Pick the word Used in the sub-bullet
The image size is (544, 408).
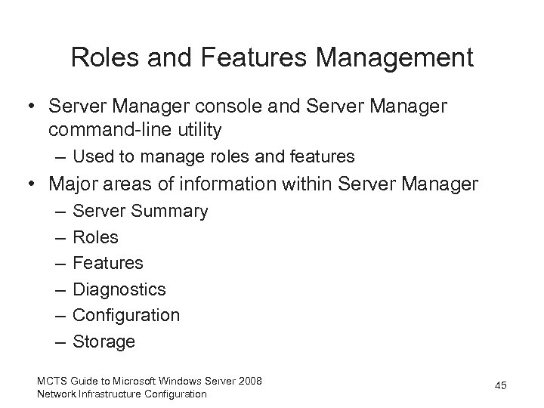[93, 158]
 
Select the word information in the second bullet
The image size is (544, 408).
[222, 184]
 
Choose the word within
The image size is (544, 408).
[309, 184]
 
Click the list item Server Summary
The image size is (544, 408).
[140, 212]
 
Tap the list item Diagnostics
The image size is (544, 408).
[119, 289]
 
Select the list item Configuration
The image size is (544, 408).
[126, 315]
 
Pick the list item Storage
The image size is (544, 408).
[104, 342]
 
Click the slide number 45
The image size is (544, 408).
[499, 386]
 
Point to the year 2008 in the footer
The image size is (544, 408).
[249, 380]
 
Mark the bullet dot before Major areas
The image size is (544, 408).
[32, 184]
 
